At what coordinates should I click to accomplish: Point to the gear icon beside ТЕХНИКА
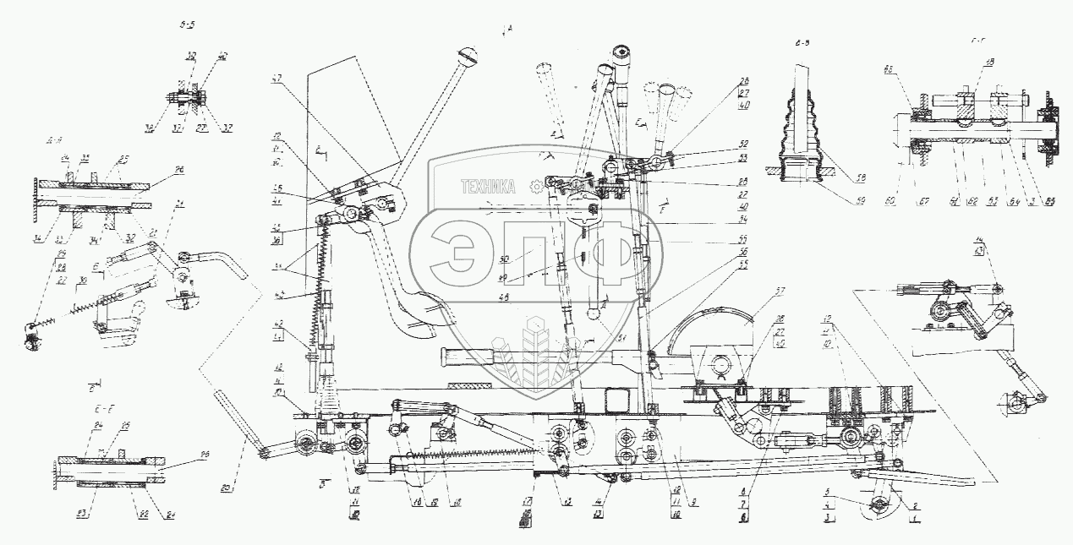point(534,187)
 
